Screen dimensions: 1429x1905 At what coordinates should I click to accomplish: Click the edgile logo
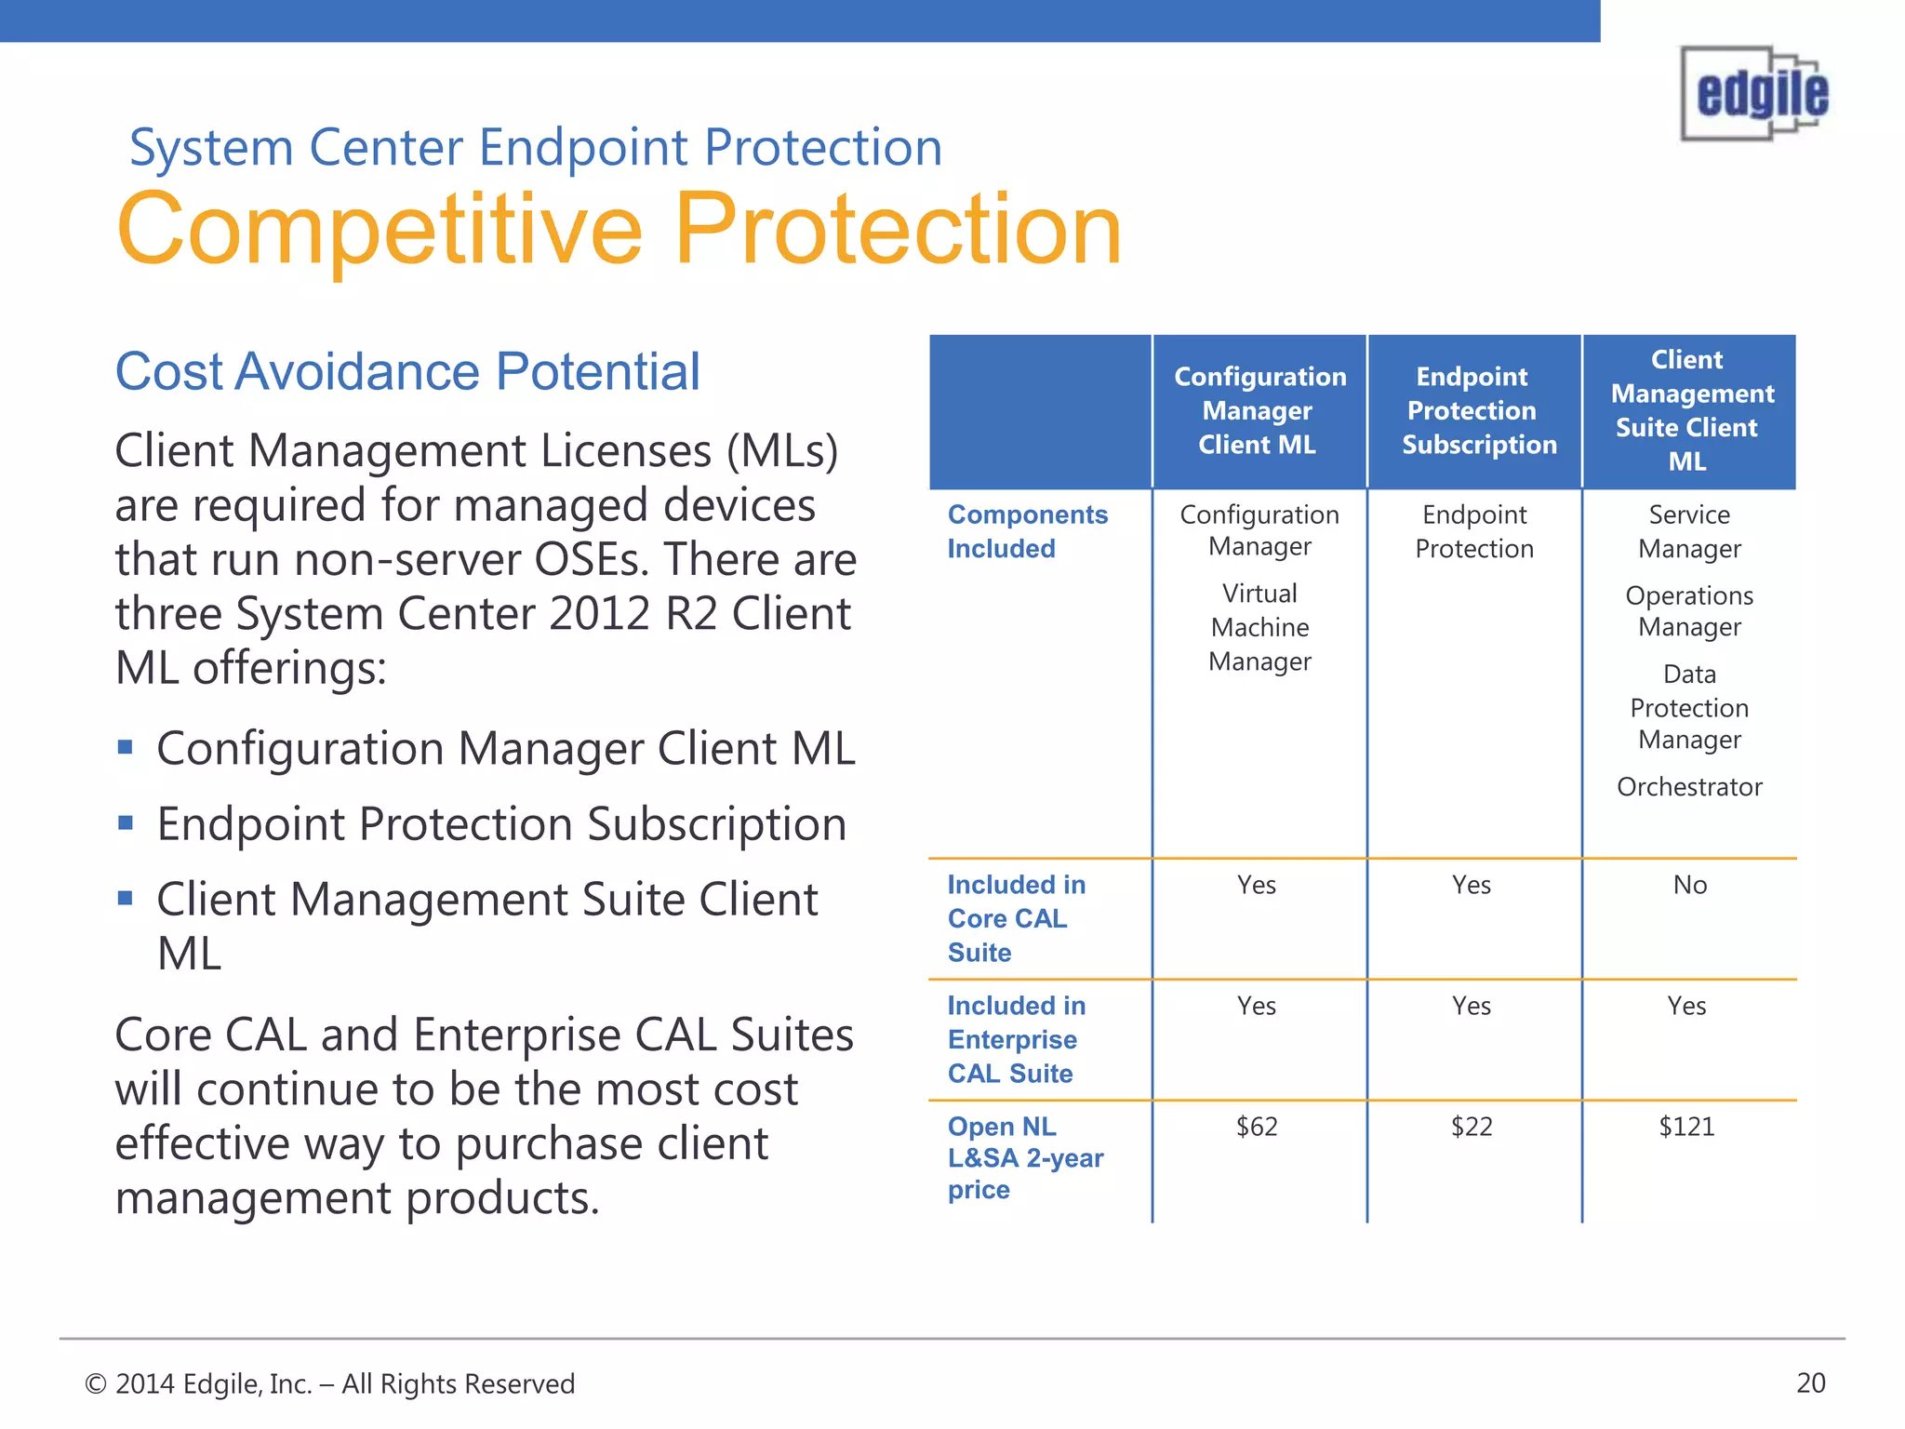[1754, 93]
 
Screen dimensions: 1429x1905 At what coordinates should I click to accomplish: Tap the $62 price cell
[1257, 1127]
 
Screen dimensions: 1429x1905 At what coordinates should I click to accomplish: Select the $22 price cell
[1472, 1127]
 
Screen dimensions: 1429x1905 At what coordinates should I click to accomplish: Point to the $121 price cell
[1686, 1127]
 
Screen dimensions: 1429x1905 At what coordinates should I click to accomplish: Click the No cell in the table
[1689, 885]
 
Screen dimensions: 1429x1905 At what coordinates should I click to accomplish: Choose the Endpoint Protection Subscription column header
[1478, 410]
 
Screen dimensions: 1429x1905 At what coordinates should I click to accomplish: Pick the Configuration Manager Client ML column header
[1259, 410]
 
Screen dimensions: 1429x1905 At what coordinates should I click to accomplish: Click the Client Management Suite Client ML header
[1690, 410]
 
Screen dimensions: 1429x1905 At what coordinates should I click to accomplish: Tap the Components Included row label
[1027, 531]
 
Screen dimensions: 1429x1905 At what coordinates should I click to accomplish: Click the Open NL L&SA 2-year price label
[1024, 1158]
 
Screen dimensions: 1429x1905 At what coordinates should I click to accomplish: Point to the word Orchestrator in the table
[1689, 787]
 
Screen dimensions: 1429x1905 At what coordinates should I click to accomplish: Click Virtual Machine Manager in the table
[1259, 627]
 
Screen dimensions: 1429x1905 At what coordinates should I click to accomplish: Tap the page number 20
[1810, 1383]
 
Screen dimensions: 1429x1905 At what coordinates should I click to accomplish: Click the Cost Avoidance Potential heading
[406, 372]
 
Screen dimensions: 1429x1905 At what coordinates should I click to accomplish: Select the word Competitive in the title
[380, 230]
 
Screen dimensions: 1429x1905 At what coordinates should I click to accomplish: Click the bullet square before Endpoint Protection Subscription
[126, 822]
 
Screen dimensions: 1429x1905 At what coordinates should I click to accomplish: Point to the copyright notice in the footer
[330, 1384]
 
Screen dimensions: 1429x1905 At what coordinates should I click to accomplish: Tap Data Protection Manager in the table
[1689, 707]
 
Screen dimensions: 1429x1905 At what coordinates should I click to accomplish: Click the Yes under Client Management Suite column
[1686, 1006]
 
